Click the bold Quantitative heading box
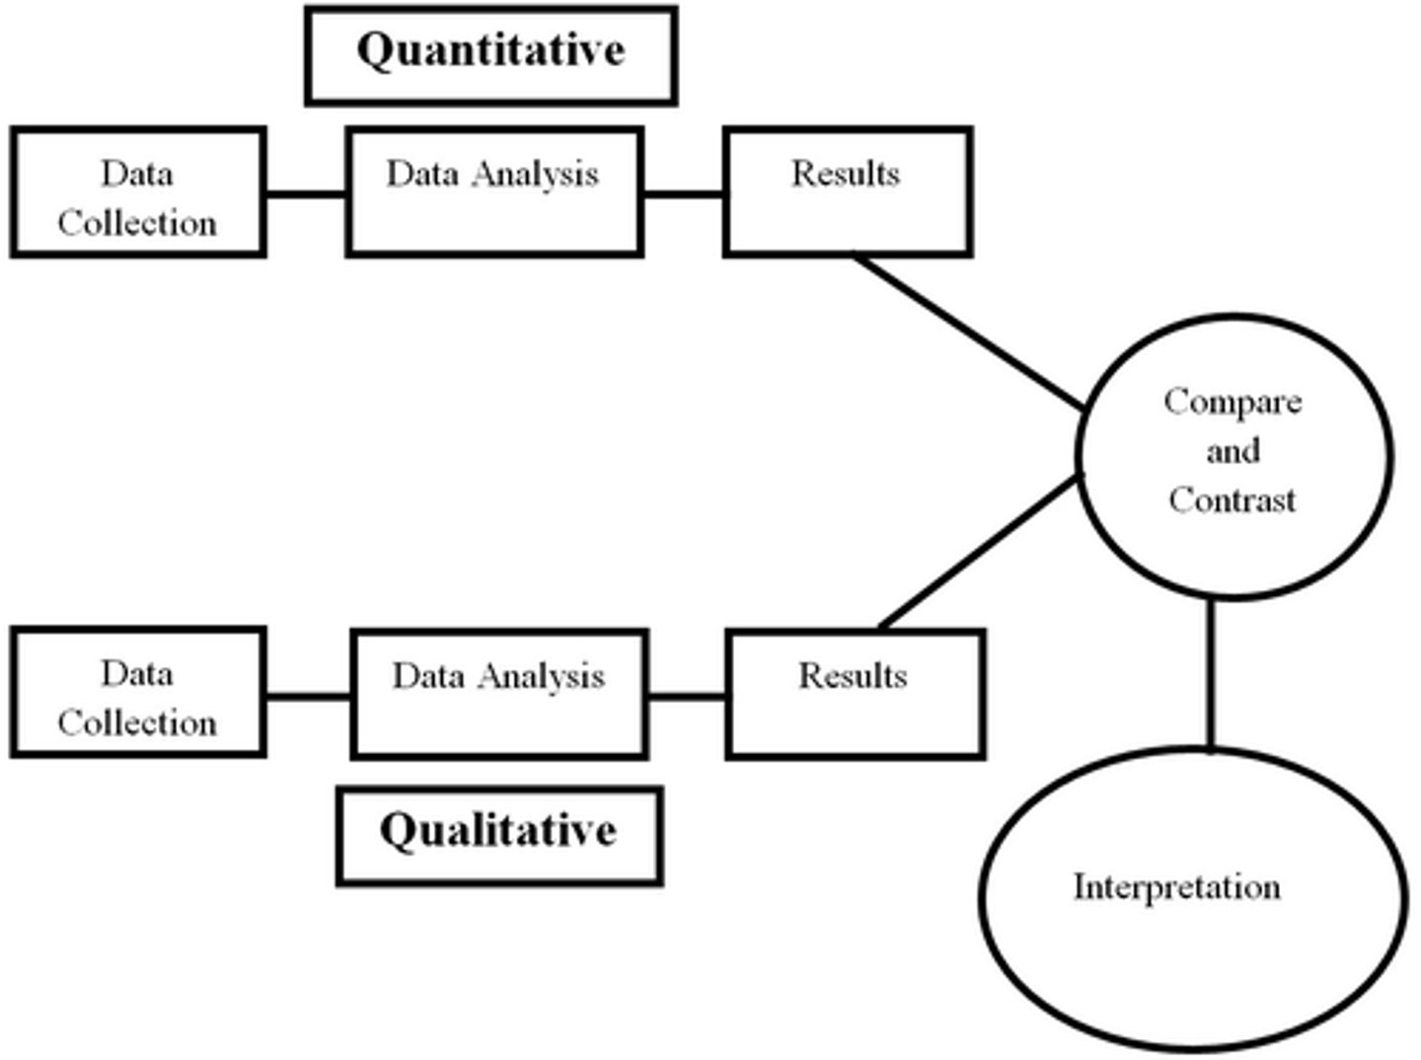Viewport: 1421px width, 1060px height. coord(490,54)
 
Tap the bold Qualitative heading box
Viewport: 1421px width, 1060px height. coord(499,835)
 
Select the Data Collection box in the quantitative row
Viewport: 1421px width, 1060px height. coord(138,192)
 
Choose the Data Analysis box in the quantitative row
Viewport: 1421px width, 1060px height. coord(494,192)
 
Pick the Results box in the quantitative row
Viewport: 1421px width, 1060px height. coord(848,192)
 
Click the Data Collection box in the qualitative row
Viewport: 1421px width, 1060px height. coord(138,693)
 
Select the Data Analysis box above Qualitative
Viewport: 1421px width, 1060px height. coord(499,694)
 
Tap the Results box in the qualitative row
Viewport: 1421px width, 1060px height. coord(855,694)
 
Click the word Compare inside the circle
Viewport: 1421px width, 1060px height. coord(1233,402)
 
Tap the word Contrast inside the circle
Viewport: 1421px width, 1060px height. coord(1233,499)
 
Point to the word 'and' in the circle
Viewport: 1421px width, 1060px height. coord(1233,451)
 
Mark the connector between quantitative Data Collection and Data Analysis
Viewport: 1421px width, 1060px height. coord(306,193)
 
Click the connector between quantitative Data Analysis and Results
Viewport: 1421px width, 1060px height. coord(684,193)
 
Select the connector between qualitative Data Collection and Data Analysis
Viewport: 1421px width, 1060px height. coord(309,697)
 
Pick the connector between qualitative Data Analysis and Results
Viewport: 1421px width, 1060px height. coord(688,697)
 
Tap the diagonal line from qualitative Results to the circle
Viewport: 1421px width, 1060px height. coord(977,553)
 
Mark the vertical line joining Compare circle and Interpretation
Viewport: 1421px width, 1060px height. coord(1211,675)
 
